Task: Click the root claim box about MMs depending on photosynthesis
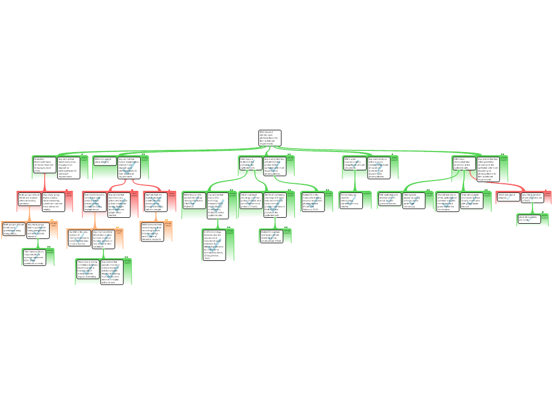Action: point(269,138)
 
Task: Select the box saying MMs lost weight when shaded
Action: point(104,161)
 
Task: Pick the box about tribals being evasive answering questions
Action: point(29,199)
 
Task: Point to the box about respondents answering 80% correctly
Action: point(33,257)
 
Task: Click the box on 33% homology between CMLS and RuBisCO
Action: point(194,200)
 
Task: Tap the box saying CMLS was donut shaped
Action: point(507,196)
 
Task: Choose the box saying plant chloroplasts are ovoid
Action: point(528,218)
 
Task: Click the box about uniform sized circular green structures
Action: point(389,199)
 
